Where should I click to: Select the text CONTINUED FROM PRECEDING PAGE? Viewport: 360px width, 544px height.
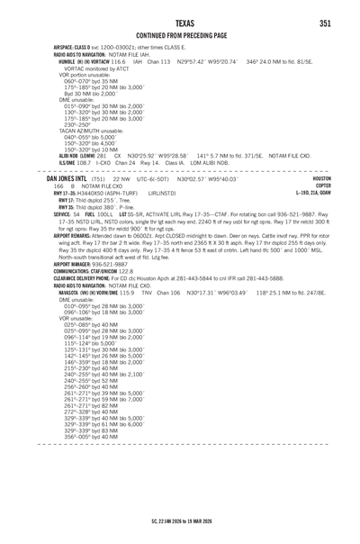pyautogui.click(x=180, y=37)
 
